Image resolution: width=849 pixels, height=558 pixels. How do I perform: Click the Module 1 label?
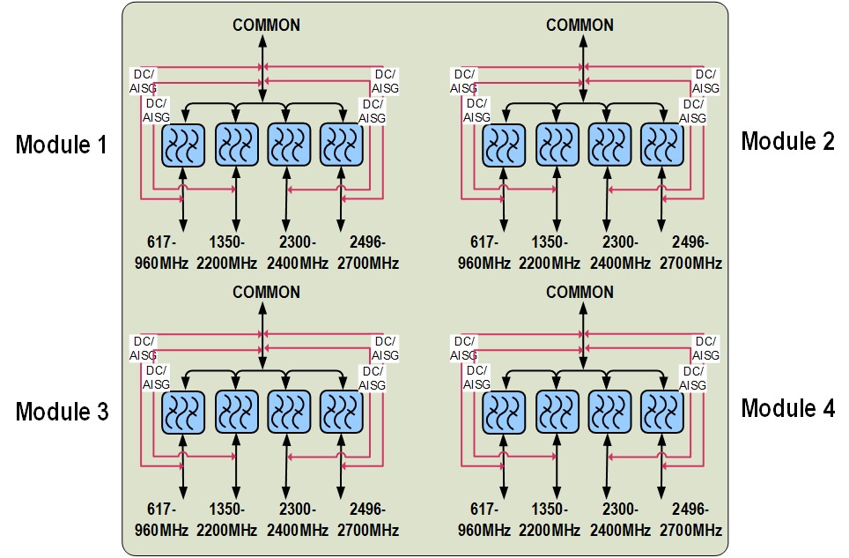pyautogui.click(x=61, y=145)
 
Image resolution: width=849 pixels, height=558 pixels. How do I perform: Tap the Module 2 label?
pyautogui.click(x=787, y=141)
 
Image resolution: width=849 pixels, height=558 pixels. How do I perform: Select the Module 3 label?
pyautogui.click(x=61, y=412)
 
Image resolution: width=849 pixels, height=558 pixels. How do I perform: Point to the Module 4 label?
pyautogui.click(x=787, y=408)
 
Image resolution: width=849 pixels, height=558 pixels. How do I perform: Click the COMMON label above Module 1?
pyautogui.click(x=266, y=25)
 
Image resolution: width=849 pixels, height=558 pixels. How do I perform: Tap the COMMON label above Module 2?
pyautogui.click(x=580, y=25)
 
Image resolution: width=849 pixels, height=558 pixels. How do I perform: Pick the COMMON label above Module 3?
pyautogui.click(x=266, y=292)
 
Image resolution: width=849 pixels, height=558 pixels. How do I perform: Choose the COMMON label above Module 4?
pyautogui.click(x=580, y=292)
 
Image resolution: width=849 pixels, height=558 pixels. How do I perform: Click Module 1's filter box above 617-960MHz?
pyautogui.click(x=183, y=145)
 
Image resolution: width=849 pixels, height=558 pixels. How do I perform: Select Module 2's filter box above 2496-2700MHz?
pyautogui.click(x=662, y=145)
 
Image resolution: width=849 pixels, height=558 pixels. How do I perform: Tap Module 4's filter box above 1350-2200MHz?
pyautogui.click(x=557, y=412)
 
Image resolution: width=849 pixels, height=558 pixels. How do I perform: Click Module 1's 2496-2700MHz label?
pyautogui.click(x=368, y=252)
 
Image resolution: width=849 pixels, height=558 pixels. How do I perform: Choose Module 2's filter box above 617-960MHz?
pyautogui.click(x=504, y=145)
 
